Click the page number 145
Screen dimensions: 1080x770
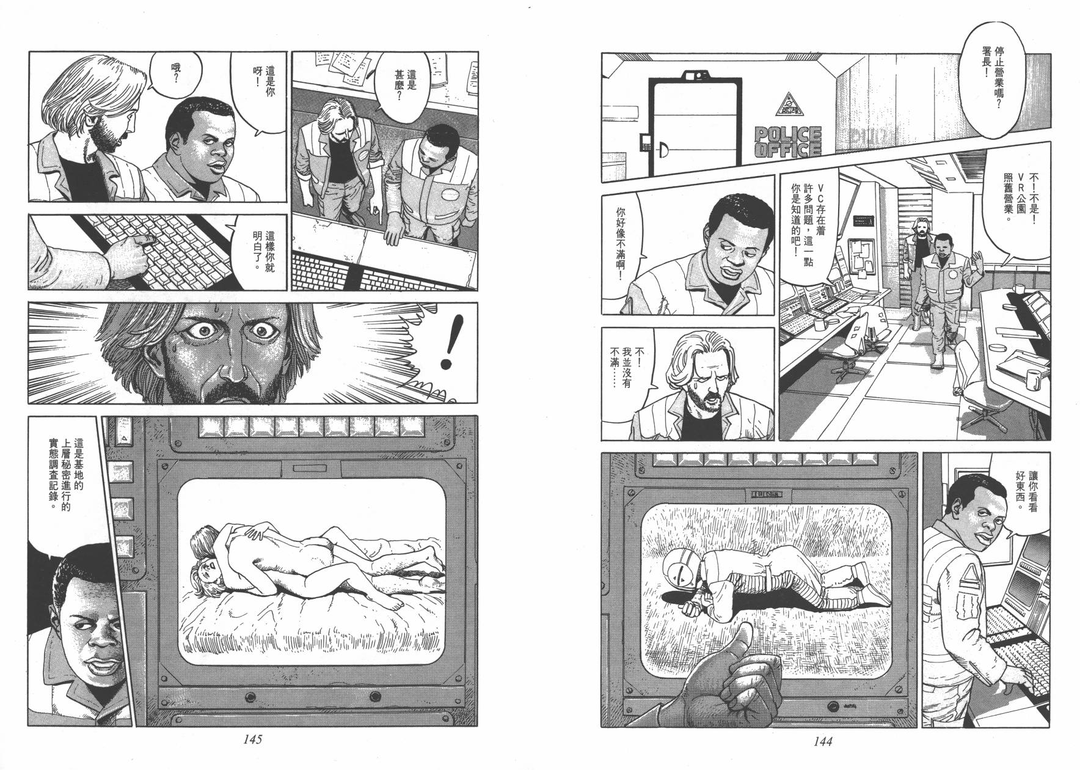[252, 739]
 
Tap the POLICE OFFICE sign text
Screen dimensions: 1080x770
[788, 141]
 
